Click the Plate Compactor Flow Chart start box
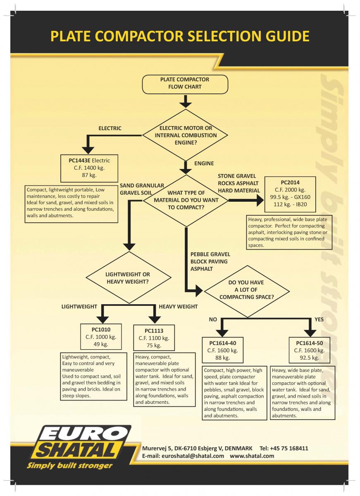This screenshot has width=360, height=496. point(185,84)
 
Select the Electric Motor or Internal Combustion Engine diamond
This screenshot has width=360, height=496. point(185,135)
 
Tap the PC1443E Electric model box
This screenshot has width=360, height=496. point(89,168)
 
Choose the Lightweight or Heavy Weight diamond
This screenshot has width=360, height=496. point(129,277)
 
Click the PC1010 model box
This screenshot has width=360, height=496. point(101,336)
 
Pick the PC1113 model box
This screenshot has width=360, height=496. point(154,338)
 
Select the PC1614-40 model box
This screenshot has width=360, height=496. point(222,350)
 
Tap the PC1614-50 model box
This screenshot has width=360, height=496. point(309,350)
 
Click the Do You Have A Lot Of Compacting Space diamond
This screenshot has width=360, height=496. point(247,291)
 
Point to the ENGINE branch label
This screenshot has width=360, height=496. point(204,163)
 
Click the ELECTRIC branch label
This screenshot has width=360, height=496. point(110,129)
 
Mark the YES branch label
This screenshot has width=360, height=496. point(319,319)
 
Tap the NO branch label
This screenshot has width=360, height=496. point(213,319)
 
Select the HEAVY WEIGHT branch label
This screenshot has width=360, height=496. point(178,307)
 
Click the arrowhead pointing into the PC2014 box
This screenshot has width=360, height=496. point(260,200)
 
